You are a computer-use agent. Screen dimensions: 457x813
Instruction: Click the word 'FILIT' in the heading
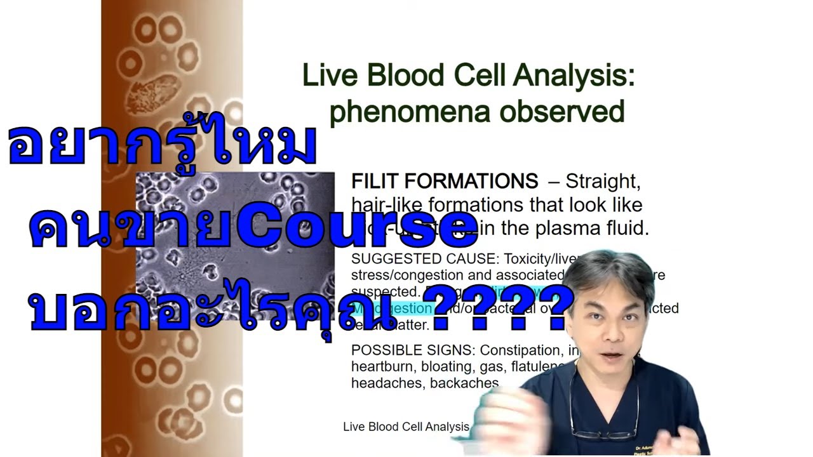click(375, 182)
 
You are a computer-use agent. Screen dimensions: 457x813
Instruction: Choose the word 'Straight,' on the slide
click(603, 182)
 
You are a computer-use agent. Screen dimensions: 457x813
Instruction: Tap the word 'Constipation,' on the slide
click(520, 350)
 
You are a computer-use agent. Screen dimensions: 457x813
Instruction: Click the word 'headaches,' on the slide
click(387, 383)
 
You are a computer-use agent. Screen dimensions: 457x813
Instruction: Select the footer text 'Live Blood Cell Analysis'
click(406, 427)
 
